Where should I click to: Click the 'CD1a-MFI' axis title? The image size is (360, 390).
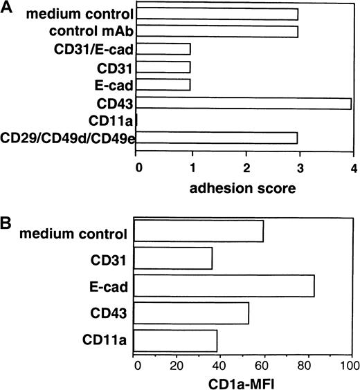[243, 381]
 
